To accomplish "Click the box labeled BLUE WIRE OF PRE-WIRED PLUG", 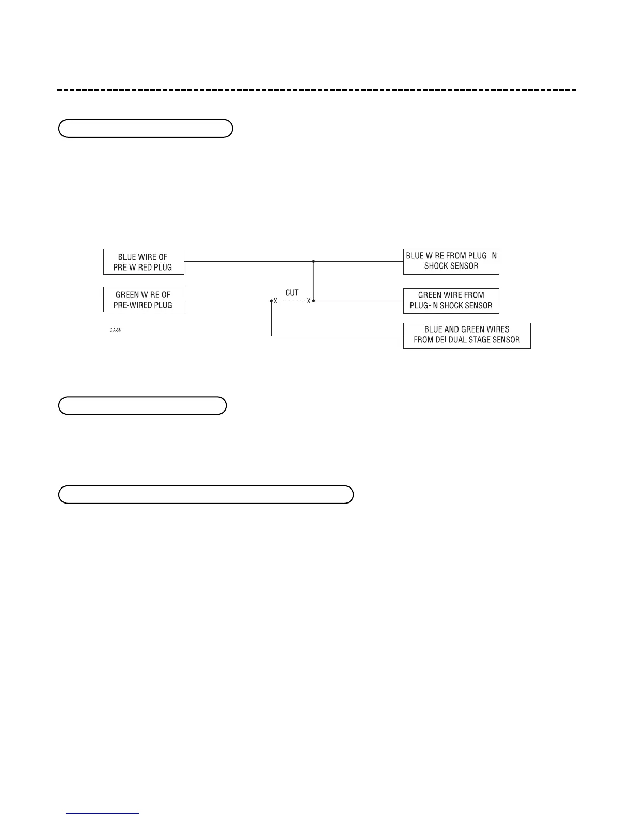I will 144,262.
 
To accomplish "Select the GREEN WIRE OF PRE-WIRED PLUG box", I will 144,300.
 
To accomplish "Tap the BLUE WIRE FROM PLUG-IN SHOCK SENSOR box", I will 451,261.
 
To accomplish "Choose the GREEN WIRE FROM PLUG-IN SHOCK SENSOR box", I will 451,301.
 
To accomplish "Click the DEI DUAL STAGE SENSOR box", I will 466,335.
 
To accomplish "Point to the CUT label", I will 292,292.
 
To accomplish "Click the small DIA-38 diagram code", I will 115,330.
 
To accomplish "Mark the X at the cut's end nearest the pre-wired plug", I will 275,301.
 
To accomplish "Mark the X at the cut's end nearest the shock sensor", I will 309,301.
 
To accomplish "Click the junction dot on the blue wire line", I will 314,262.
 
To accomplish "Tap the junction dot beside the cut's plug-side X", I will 271,300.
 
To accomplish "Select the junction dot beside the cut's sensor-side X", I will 314,300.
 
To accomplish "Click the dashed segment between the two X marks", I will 292,301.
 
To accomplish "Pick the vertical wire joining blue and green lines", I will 314,281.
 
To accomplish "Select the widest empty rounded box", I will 206,494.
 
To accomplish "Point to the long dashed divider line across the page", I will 316,90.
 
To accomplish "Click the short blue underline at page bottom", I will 102,814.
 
